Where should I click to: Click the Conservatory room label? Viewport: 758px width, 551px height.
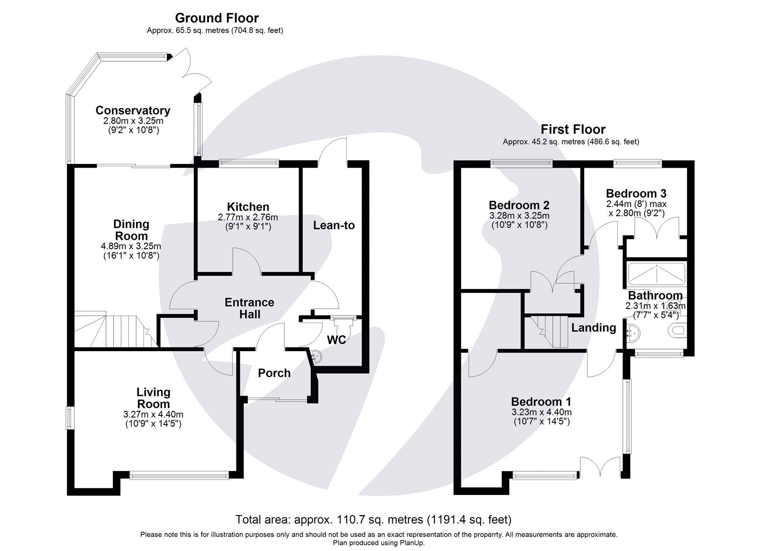133,110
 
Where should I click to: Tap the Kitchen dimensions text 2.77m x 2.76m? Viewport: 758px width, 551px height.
248,217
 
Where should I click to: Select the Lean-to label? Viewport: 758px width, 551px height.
334,226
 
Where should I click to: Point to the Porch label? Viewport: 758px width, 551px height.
274,373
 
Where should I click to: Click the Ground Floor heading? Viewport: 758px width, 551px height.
217,18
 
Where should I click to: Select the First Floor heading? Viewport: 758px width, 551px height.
573,129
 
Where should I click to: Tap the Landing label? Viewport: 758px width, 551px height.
593,327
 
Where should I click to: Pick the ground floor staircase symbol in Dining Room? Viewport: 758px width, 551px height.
114,329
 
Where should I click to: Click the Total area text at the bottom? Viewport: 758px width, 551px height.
373,520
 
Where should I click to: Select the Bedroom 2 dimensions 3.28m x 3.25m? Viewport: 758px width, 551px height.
519,216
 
